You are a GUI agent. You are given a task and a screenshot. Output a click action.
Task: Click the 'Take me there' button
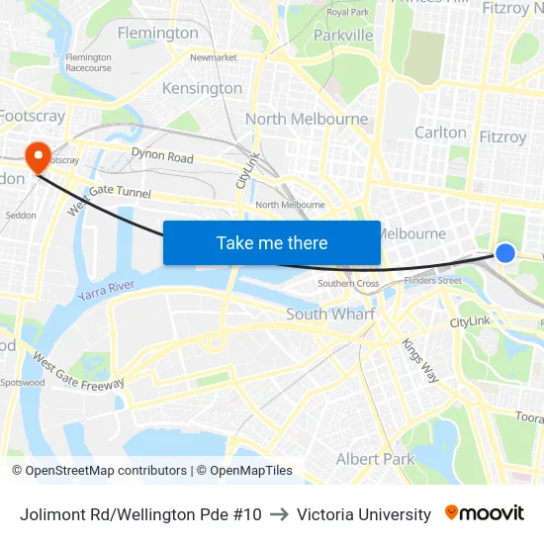coord(271,242)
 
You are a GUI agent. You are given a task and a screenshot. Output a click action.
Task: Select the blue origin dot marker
coord(505,253)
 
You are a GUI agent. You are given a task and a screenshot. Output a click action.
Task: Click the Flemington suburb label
coord(157,33)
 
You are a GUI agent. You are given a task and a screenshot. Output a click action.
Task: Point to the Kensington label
coord(202,88)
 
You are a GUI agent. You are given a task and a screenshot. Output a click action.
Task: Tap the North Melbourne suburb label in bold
coord(306,119)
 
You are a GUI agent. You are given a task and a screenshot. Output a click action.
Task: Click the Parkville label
coord(343,35)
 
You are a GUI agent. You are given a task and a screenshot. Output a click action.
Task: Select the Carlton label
coord(440,132)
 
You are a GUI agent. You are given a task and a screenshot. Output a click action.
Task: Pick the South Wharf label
coord(329,314)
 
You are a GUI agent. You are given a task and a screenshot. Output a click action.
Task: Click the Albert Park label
coord(375,459)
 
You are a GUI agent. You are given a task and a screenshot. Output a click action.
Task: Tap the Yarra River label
coord(106,287)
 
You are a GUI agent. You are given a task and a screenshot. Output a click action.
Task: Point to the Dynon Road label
coord(162,156)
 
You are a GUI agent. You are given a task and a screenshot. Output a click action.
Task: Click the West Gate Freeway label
coord(78,369)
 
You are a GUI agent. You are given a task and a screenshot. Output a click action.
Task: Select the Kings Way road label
coord(419,360)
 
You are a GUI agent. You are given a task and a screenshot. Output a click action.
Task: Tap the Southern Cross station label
coord(347,284)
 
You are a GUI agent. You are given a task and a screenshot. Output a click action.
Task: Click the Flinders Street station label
coord(433,280)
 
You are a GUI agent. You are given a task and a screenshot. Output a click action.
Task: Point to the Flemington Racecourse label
coord(89,62)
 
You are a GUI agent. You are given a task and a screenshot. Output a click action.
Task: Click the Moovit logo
coord(485,513)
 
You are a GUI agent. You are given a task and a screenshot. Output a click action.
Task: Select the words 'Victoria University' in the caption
coord(364,514)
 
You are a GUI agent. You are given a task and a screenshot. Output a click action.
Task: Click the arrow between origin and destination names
coord(279,514)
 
